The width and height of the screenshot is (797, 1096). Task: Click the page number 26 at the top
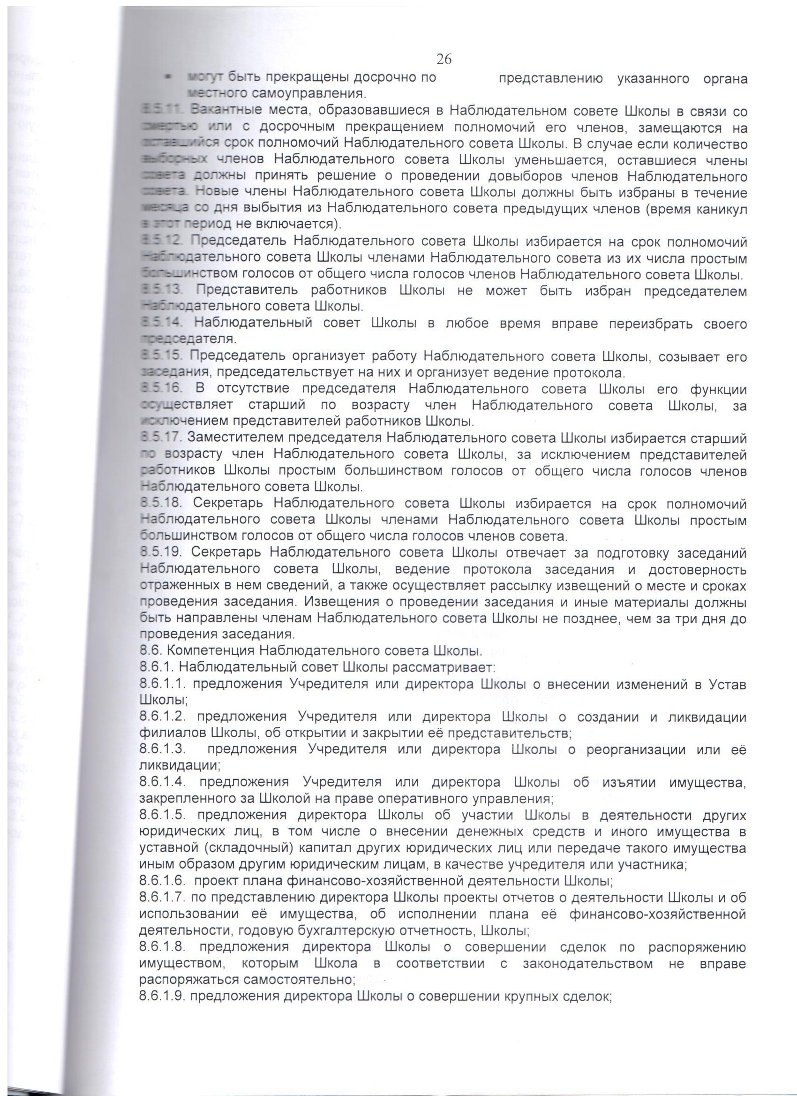click(x=444, y=59)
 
